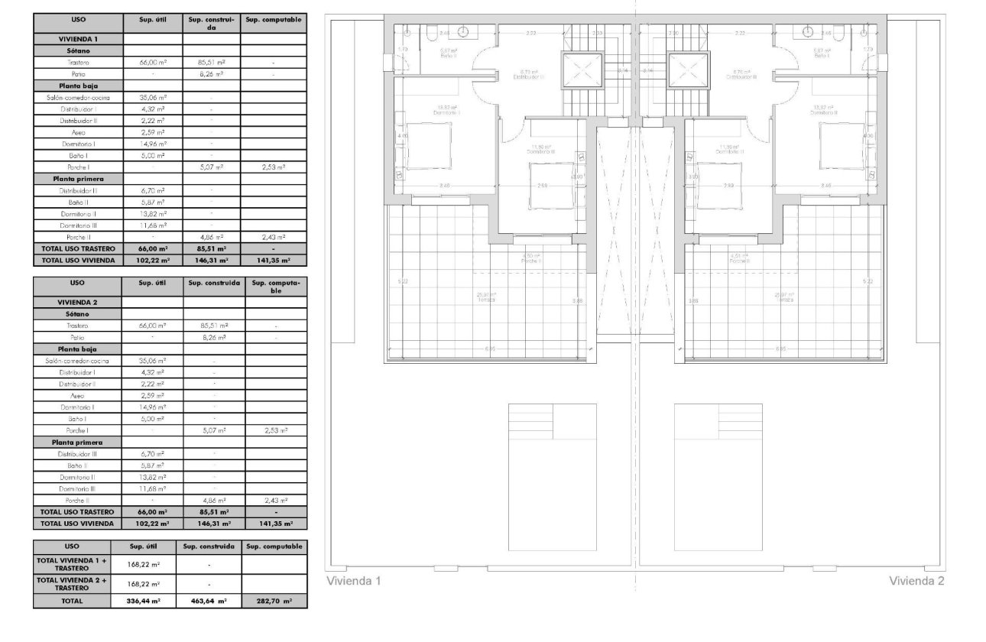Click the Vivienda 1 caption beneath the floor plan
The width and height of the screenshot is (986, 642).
pyautogui.click(x=354, y=582)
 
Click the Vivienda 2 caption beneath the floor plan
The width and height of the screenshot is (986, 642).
pyautogui.click(x=916, y=582)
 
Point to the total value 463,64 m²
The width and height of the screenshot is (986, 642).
pyautogui.click(x=209, y=601)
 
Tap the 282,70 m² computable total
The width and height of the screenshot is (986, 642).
pyautogui.click(x=274, y=601)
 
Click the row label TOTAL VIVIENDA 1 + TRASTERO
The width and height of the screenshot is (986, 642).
pyautogui.click(x=72, y=564)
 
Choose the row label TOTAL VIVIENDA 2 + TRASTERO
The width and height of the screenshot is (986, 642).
pyautogui.click(x=72, y=583)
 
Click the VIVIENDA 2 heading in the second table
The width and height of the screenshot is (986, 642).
pyautogui.click(x=77, y=302)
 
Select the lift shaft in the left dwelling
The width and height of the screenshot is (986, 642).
pyautogui.click(x=582, y=72)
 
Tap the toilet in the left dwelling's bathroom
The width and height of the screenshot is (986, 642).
pyautogui.click(x=433, y=33)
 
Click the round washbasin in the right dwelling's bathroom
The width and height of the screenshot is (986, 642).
pyautogui.click(x=807, y=31)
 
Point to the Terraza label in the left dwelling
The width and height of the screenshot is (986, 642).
pyautogui.click(x=486, y=298)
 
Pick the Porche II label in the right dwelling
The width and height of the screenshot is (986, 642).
pyautogui.click(x=739, y=259)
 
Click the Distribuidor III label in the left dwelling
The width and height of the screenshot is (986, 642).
pyautogui.click(x=528, y=76)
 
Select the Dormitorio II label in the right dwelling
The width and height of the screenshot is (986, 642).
pyautogui.click(x=825, y=110)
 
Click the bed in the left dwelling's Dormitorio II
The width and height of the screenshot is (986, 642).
pyautogui.click(x=417, y=145)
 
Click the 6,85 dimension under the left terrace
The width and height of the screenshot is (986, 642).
pyautogui.click(x=490, y=349)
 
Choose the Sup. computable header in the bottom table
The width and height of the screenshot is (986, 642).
pyautogui.click(x=274, y=546)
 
